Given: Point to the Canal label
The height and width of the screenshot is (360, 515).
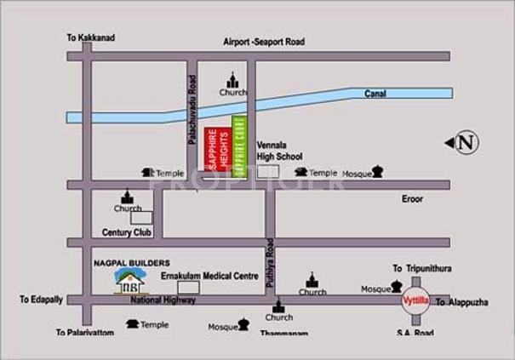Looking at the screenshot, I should (x=376, y=94).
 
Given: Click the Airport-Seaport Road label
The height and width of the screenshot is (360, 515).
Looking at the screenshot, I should (x=264, y=42).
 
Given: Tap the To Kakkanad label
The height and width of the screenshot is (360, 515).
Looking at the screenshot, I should (x=90, y=38).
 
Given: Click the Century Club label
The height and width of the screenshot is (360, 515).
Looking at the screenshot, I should (x=126, y=231).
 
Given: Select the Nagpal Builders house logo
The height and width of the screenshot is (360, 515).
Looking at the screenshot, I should (x=129, y=280).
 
